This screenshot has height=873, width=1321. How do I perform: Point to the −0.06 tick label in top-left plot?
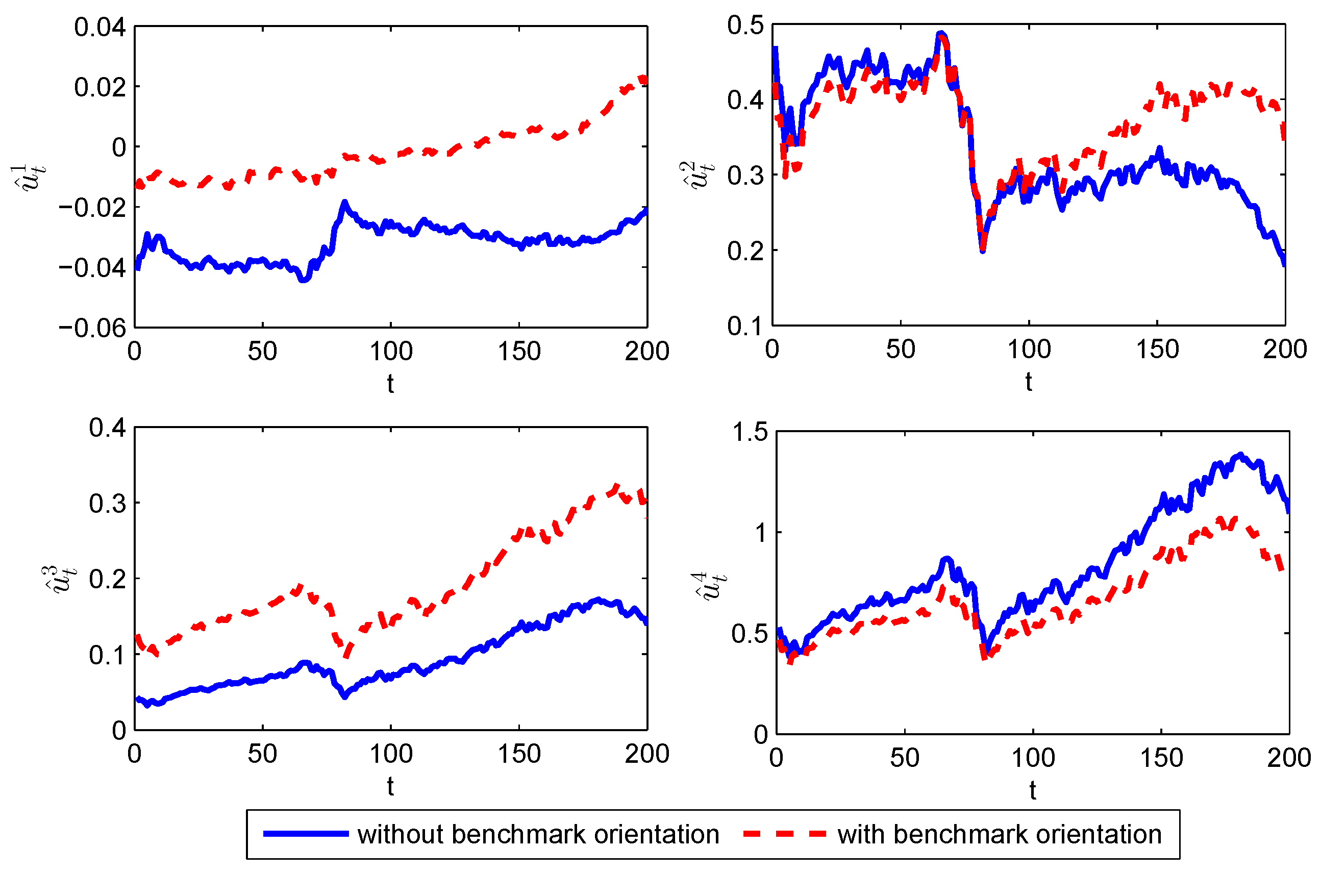point(93,328)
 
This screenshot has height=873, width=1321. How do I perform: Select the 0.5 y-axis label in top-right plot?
point(745,26)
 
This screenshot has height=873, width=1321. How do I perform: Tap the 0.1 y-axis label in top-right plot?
point(745,326)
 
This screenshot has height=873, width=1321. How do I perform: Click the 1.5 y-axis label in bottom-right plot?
point(750,432)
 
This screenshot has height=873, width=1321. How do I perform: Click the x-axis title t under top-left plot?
point(390,384)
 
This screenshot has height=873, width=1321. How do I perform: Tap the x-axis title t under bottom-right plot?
point(1032,791)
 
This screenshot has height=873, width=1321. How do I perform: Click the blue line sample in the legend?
point(306,834)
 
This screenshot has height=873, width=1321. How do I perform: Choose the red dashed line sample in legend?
point(784,834)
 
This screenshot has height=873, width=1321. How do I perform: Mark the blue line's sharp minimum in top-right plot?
point(983,251)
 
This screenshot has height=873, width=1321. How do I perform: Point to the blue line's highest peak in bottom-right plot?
point(1240,455)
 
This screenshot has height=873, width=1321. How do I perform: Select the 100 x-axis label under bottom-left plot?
point(391,754)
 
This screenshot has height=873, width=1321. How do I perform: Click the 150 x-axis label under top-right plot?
point(1157,350)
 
